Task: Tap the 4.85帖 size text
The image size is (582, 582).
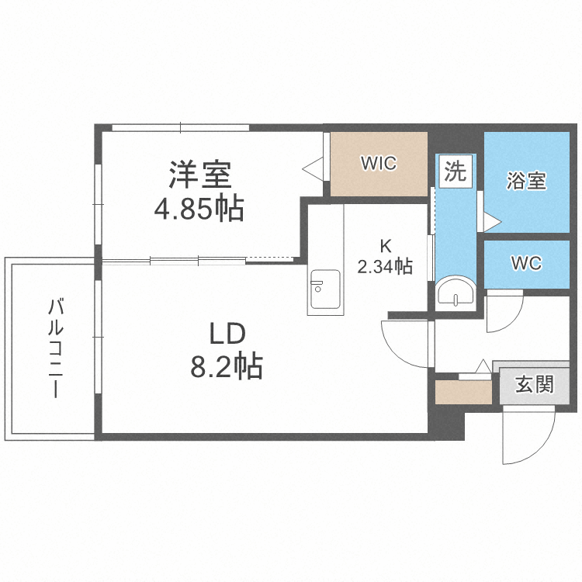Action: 199,208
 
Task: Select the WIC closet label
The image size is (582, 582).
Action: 379,164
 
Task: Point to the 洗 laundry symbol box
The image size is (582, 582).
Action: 456,171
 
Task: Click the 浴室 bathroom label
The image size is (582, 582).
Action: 526,181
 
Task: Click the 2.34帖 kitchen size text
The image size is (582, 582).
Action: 384,268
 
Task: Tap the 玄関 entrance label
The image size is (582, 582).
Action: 535,384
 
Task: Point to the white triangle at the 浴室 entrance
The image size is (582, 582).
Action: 492,220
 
